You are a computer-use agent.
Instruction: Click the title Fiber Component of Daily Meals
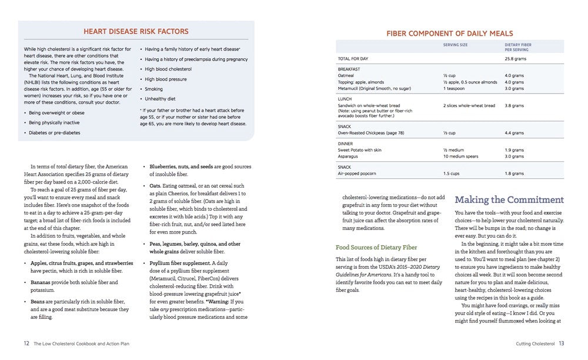[449, 34]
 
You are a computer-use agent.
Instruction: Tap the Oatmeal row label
[346, 76]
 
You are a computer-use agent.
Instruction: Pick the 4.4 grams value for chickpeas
[514, 133]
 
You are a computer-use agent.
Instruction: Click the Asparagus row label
[349, 156]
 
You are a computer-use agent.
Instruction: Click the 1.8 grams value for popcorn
[514, 174]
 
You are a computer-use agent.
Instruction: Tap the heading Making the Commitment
[509, 199]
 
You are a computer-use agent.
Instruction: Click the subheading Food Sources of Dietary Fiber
[376, 247]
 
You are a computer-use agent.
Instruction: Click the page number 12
[26, 344]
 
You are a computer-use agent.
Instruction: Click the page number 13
[562, 344]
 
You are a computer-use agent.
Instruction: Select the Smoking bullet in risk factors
[155, 88]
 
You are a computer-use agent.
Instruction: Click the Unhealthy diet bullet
[160, 98]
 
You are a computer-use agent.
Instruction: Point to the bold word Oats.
[155, 185]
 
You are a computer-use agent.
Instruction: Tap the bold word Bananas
[43, 282]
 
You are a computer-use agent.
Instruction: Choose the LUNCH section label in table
[345, 99]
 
